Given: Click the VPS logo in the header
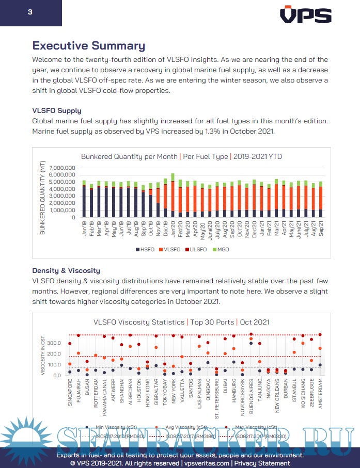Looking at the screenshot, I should (x=306, y=15).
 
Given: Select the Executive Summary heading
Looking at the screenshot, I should (x=88, y=45).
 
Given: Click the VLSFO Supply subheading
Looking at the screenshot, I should (x=56, y=110).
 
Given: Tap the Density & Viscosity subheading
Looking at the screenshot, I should (x=66, y=270).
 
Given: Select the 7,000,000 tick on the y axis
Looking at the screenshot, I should (x=62, y=168).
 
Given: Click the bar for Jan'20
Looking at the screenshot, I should (x=173, y=196).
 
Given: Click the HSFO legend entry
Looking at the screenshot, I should (x=146, y=249).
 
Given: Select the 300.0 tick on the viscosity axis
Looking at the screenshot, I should (x=53, y=343).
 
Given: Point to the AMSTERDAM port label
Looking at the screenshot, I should (x=320, y=394).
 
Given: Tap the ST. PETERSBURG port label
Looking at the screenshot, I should (x=216, y=397).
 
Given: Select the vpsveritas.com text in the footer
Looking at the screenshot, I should (x=206, y=463).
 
